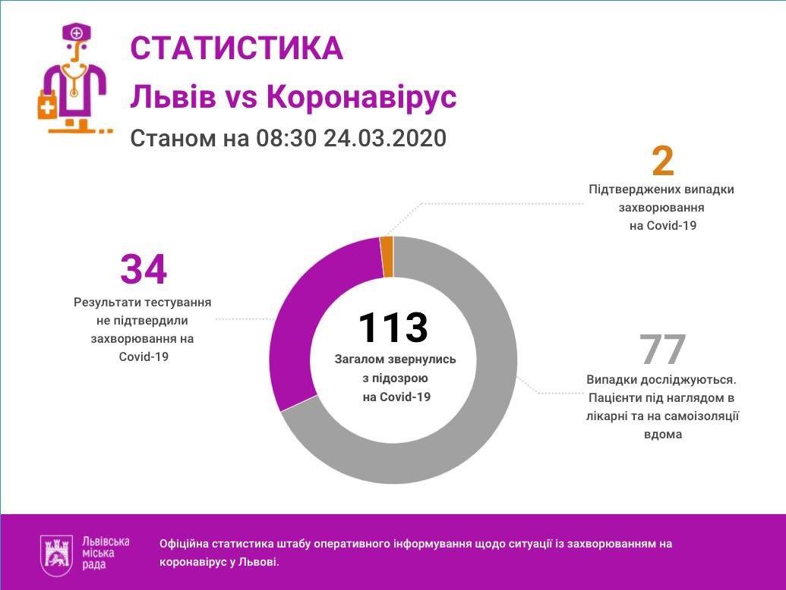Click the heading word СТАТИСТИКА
236,49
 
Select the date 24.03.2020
384,140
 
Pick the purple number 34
143,269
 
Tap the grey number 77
662,350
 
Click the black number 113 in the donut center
393,327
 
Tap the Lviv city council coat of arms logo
56,552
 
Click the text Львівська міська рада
105,553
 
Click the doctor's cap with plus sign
77,33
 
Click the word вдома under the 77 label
662,435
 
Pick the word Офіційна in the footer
184,544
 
